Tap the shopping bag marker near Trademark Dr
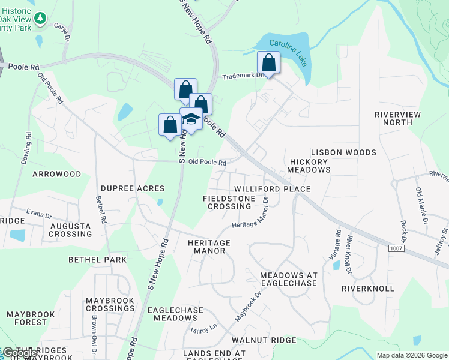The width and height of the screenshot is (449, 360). (x=268, y=63)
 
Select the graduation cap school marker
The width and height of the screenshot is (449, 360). (x=191, y=119)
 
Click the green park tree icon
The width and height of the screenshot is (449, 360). (x=40, y=19)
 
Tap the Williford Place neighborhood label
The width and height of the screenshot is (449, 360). (x=272, y=189)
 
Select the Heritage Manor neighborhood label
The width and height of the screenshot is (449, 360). (x=209, y=247)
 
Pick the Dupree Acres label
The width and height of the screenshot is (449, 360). (x=133, y=188)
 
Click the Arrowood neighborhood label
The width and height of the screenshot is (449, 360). (x=56, y=174)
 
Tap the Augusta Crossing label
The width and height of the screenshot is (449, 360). (x=70, y=230)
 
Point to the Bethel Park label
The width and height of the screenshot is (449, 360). (x=98, y=260)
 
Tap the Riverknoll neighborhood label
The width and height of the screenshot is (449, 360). (x=367, y=289)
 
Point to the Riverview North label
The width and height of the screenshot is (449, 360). (x=397, y=118)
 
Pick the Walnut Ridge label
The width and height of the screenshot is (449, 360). (x=265, y=340)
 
